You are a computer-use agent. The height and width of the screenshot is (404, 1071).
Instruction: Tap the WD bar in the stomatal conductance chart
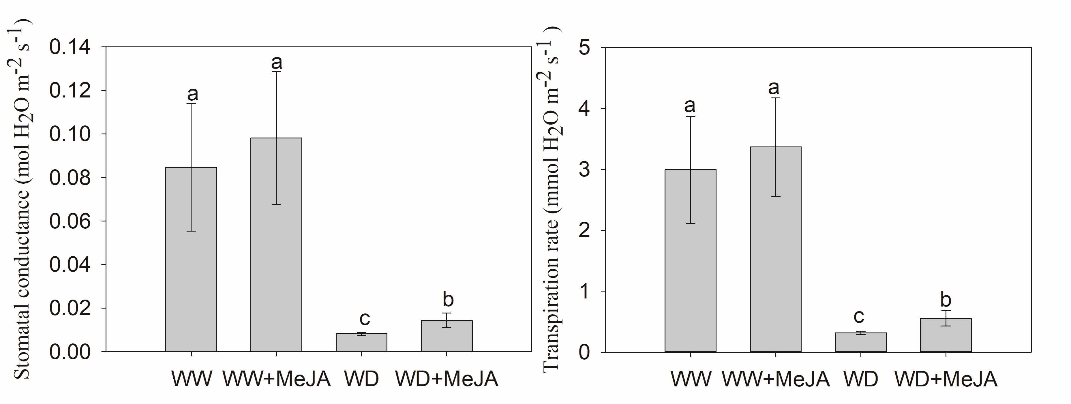point(361,343)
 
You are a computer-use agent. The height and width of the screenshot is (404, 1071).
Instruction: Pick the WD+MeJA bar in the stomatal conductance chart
point(447,337)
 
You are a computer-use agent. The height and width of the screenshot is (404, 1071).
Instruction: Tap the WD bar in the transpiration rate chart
point(861,343)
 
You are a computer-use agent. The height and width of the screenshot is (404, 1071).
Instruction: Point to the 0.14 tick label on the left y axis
point(70,47)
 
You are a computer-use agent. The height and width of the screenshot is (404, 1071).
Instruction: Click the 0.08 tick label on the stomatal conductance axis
point(70,178)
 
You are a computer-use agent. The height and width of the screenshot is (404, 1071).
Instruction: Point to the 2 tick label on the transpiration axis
point(584,230)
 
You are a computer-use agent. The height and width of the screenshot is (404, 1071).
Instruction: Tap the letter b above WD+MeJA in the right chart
point(946,299)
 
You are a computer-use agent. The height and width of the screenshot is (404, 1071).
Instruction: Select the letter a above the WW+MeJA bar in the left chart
point(277,62)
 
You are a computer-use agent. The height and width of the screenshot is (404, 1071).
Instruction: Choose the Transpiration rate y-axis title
point(552,200)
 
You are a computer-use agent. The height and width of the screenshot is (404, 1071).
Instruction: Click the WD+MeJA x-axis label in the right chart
point(946,379)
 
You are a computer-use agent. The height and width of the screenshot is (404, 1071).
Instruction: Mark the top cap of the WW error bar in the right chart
point(690,116)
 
